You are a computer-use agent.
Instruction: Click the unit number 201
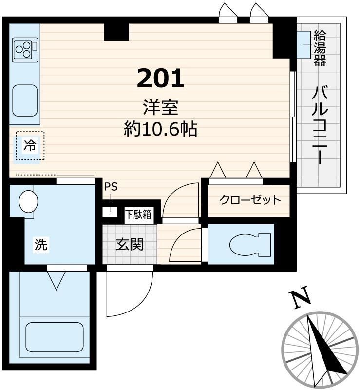[x=160, y=78]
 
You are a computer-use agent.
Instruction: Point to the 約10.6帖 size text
[x=160, y=129]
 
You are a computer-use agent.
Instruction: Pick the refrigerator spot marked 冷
[x=30, y=146]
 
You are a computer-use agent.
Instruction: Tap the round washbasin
[x=28, y=201]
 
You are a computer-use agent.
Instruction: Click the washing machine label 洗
[x=41, y=245]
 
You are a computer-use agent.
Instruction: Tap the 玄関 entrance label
[x=130, y=244]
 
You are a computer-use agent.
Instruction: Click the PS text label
[x=111, y=187]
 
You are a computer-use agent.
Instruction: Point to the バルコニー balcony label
[x=320, y=125]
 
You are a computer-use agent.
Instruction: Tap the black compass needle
[x=323, y=347]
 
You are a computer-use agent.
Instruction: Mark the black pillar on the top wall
[x=116, y=31]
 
